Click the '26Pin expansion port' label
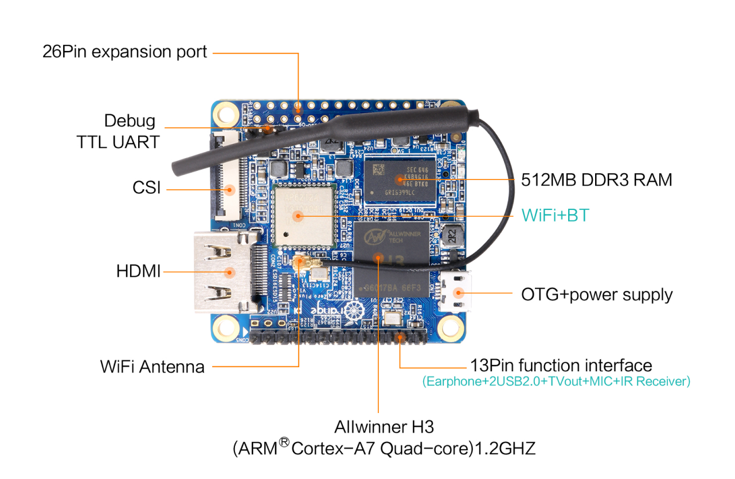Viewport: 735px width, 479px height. pos(124,52)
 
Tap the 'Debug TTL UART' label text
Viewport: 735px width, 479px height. pos(118,131)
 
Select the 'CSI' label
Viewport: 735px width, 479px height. pos(147,188)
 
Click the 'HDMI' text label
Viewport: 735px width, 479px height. pos(138,271)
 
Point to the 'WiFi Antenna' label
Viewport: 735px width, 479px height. pos(152,366)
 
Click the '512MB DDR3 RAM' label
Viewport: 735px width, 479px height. pos(596,180)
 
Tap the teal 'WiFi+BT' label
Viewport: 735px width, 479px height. pos(555,216)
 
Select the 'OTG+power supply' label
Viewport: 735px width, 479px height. pos(596,295)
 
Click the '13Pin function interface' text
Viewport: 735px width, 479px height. pos(561,365)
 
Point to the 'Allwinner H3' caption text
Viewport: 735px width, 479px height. pos(384,427)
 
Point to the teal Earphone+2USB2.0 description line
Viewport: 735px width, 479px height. pos(556,381)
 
